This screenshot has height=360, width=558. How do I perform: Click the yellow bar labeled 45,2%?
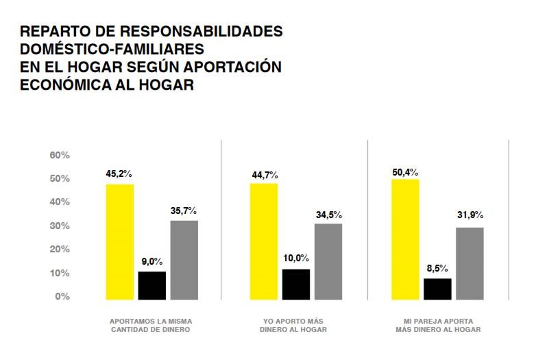[x=119, y=241]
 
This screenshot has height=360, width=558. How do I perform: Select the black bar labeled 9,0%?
[x=152, y=285]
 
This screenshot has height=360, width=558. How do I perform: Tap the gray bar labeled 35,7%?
[x=184, y=260]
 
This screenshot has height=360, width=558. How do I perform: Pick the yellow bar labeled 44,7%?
[x=264, y=241]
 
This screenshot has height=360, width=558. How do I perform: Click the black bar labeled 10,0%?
[x=296, y=284]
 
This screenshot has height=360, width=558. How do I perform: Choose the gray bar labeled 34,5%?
[x=328, y=261]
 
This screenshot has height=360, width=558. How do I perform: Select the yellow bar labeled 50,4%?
[x=405, y=239]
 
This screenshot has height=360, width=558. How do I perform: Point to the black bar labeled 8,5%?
[x=437, y=289]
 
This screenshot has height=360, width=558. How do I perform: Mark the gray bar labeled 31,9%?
[x=470, y=263]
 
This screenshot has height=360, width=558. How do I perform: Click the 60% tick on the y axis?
[x=60, y=155]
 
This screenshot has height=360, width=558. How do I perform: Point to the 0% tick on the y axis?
[x=62, y=296]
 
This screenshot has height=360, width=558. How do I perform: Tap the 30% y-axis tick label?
[x=60, y=226]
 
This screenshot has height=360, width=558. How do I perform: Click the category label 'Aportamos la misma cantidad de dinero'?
[x=151, y=325]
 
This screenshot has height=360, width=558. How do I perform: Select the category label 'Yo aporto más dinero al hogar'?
[x=293, y=325]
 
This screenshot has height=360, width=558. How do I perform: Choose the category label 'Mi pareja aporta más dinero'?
[x=438, y=325]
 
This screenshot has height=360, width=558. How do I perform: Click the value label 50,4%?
[x=404, y=171]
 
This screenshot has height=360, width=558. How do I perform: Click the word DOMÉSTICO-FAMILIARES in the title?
[x=112, y=49]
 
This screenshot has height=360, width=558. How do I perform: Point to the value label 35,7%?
[x=184, y=211]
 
